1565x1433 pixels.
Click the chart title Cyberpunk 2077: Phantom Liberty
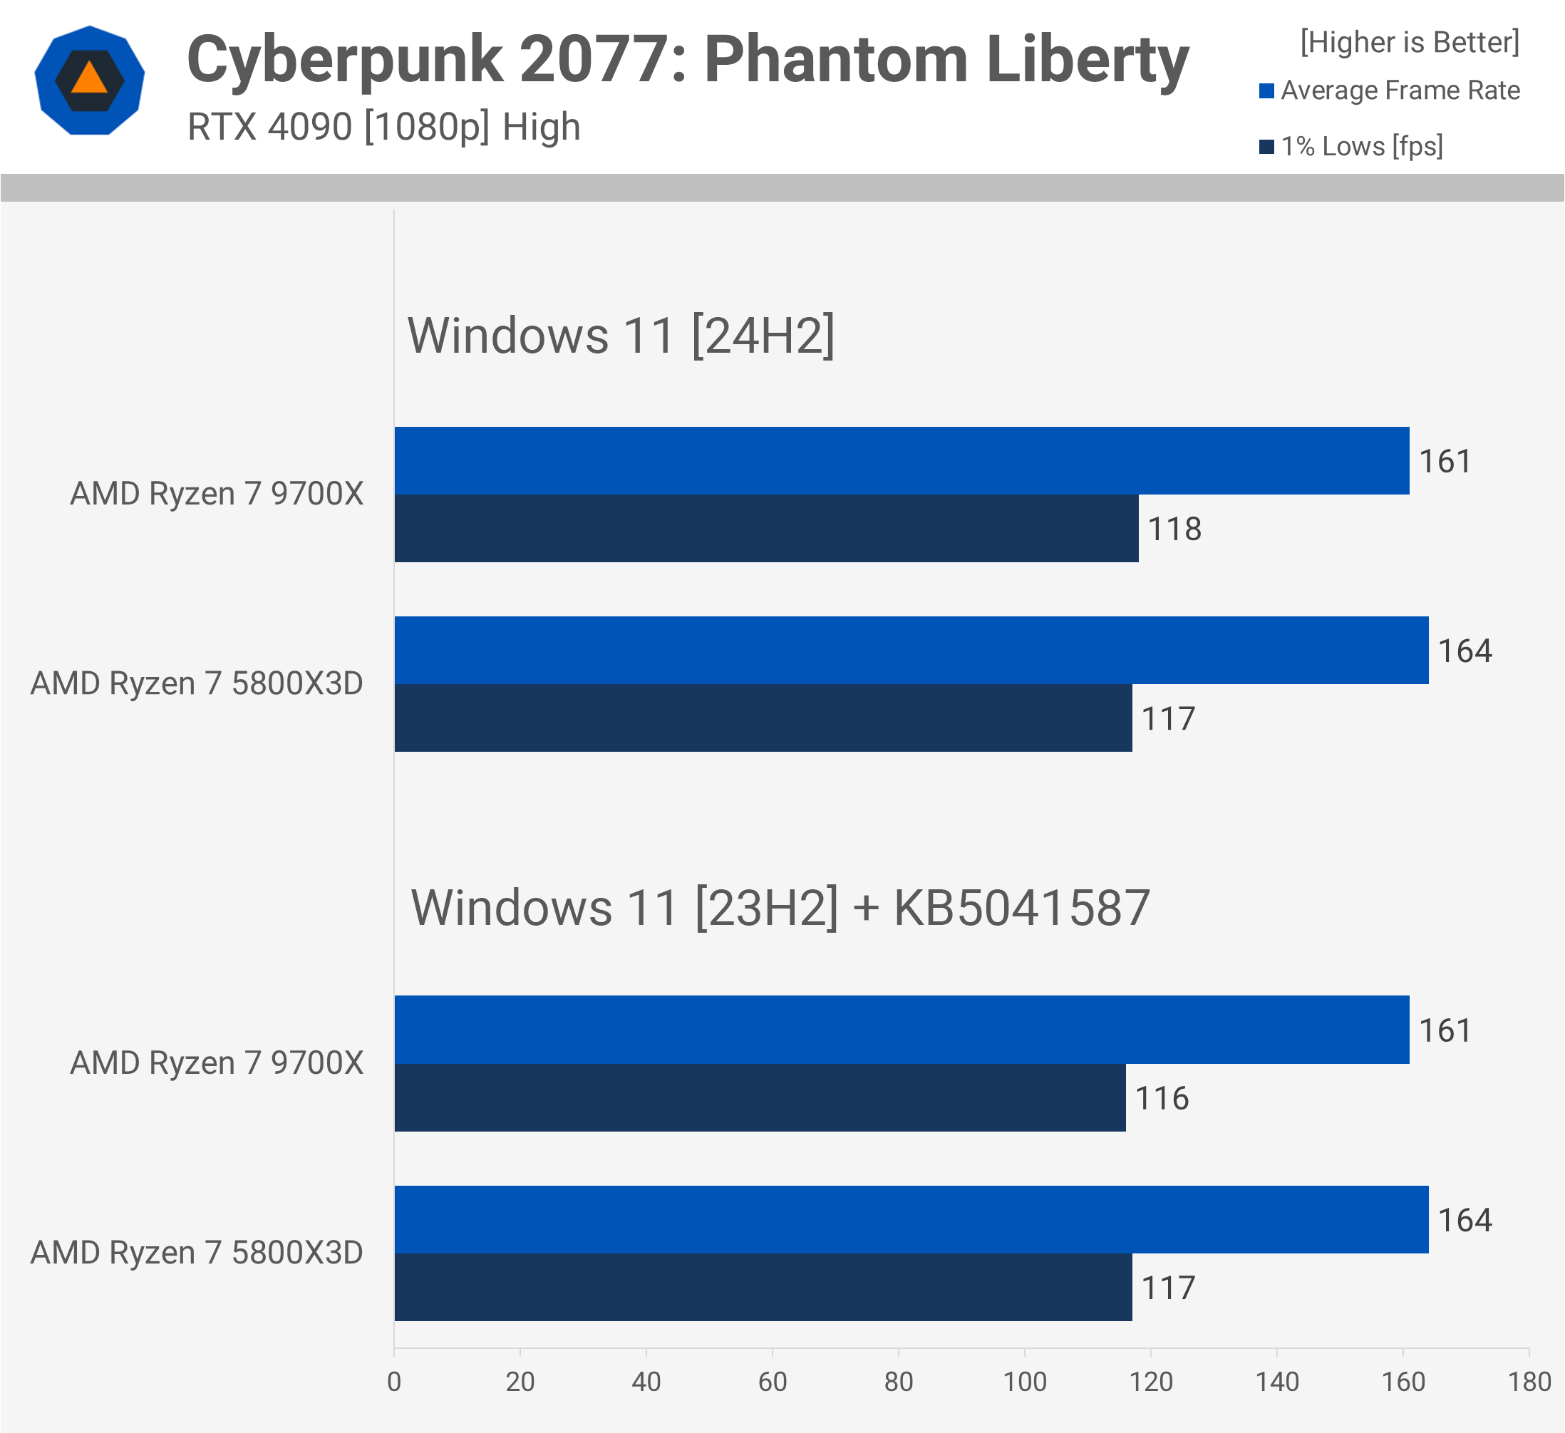(x=687, y=61)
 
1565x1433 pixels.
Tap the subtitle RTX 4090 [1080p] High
(x=383, y=127)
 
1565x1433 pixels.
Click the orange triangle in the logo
(x=89, y=78)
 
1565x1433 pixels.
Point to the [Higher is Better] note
(x=1409, y=42)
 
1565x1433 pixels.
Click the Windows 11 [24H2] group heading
(x=620, y=336)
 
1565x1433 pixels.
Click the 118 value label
(x=1174, y=529)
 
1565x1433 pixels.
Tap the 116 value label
(x=1162, y=1098)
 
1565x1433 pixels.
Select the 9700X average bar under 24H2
(x=901, y=460)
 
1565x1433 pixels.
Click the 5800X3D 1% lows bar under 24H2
(x=763, y=718)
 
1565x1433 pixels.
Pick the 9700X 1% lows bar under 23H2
(x=759, y=1097)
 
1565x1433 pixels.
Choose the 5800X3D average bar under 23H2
(x=911, y=1219)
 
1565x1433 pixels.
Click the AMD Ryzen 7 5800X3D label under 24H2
(x=197, y=684)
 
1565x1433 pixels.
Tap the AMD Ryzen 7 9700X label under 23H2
(x=217, y=1062)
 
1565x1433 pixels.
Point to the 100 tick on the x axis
(x=1024, y=1382)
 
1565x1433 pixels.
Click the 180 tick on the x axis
(x=1529, y=1382)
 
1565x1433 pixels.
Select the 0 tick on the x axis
(x=394, y=1382)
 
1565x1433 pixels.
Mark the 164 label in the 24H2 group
(x=1464, y=651)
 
